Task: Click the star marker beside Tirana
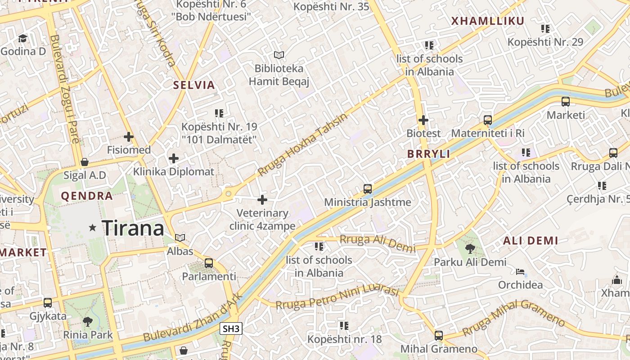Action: tap(93, 228)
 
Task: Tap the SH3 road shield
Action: tap(231, 329)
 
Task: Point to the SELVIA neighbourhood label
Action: tap(194, 85)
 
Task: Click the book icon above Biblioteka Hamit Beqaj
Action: tap(279, 55)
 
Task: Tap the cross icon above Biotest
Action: tap(423, 120)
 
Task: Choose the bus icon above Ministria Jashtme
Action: tap(368, 189)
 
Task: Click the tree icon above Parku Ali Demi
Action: tap(470, 248)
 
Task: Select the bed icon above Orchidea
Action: tap(520, 272)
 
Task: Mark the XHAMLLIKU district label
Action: tap(488, 21)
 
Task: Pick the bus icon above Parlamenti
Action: tap(209, 263)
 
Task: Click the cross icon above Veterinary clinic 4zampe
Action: tap(262, 200)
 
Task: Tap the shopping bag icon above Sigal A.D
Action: tap(84, 162)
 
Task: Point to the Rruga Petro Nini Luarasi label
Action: tap(337, 297)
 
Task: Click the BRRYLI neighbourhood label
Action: tap(428, 154)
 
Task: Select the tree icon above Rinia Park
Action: tap(88, 321)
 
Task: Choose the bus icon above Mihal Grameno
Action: tap(439, 335)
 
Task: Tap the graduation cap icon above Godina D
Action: tap(23, 38)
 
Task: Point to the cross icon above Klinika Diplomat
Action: tap(174, 158)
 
